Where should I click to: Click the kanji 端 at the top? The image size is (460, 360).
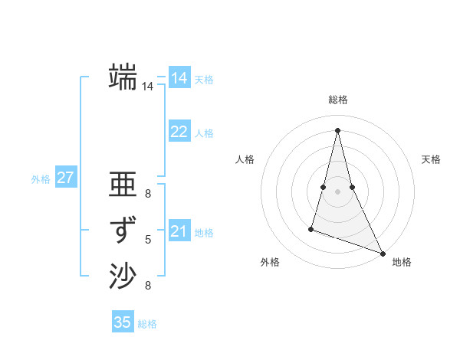(123, 77)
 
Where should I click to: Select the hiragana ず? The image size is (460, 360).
(123, 230)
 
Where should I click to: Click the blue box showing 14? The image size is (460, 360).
(179, 78)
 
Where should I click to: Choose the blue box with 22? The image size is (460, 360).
(179, 132)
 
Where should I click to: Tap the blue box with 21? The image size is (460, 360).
(179, 231)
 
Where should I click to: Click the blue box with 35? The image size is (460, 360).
(123, 322)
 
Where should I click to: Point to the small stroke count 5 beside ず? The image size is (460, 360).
(148, 240)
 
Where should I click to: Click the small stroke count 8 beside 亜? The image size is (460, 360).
(148, 194)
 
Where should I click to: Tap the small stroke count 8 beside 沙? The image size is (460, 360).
(148, 286)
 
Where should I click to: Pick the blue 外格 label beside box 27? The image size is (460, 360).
(41, 179)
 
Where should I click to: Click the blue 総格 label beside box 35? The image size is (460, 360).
(147, 324)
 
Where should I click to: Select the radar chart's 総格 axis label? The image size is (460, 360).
(338, 100)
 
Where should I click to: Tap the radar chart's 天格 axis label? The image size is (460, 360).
(431, 159)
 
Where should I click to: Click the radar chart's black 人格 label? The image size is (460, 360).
(245, 159)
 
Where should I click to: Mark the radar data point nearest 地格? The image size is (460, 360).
(383, 254)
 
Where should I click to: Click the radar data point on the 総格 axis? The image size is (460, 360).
(337, 129)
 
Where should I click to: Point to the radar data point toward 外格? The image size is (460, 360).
(311, 228)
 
